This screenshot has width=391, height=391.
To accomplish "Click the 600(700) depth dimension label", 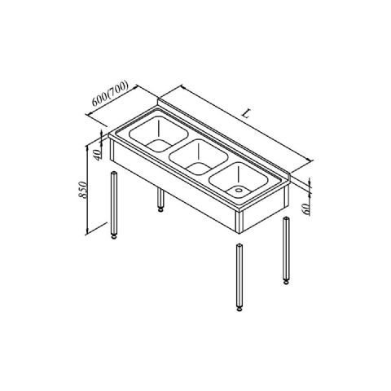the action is point(110,94).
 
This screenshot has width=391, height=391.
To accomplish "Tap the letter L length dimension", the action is point(246,114).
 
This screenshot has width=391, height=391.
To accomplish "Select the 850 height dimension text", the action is point(83,189).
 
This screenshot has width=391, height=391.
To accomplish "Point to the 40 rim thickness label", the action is point(97,155).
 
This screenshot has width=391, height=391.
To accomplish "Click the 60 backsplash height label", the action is point(306,209).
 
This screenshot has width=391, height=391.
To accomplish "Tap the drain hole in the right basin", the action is point(239,190).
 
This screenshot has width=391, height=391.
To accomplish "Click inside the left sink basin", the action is point(159,134).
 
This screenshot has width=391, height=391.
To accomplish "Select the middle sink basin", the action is point(199,157).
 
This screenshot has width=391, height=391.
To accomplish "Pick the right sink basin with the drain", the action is point(239,181).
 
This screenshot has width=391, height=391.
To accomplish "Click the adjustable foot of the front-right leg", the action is point(239,309).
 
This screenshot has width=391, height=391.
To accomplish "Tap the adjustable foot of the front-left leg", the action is point(114,236).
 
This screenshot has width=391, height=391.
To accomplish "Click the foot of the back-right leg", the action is point(286,282).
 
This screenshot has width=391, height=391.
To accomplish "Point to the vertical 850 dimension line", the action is point(87,190).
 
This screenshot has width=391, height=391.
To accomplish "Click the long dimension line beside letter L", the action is point(246,124).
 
